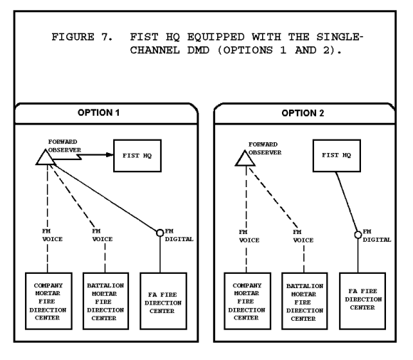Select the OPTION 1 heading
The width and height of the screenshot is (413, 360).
click(99, 112)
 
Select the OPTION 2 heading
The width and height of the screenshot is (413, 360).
click(303, 113)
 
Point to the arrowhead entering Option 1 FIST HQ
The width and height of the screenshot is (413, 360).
click(110, 154)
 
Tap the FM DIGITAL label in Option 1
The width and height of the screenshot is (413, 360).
click(179, 235)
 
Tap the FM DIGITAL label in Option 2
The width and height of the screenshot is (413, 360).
click(377, 235)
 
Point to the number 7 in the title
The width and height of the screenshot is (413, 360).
click(106, 37)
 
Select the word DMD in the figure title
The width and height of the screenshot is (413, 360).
click(199, 50)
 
